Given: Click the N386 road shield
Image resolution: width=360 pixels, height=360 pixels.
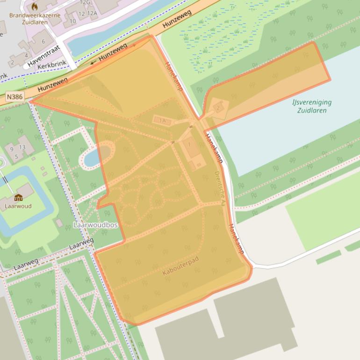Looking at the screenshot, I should [15, 97].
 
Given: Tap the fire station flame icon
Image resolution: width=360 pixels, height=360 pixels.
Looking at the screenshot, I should [34, 7].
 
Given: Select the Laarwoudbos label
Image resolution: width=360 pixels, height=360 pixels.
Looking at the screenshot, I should [95, 225].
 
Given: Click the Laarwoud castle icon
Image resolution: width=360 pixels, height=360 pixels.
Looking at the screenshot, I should [18, 197].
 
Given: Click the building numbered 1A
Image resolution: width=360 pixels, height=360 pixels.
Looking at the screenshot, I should [163, 121].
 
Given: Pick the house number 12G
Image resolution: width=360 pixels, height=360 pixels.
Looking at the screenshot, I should [85, 2].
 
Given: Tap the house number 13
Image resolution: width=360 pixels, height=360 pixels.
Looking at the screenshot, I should [22, 147].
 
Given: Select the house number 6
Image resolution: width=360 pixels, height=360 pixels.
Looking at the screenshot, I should [43, 41].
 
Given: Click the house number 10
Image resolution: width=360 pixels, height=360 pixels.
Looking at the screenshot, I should [72, 22].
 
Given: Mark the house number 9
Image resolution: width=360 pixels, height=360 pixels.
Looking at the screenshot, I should [12, 149].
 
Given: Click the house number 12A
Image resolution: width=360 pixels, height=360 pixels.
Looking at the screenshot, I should [92, 13].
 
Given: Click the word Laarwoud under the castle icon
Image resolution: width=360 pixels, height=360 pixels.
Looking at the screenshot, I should [18, 206].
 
